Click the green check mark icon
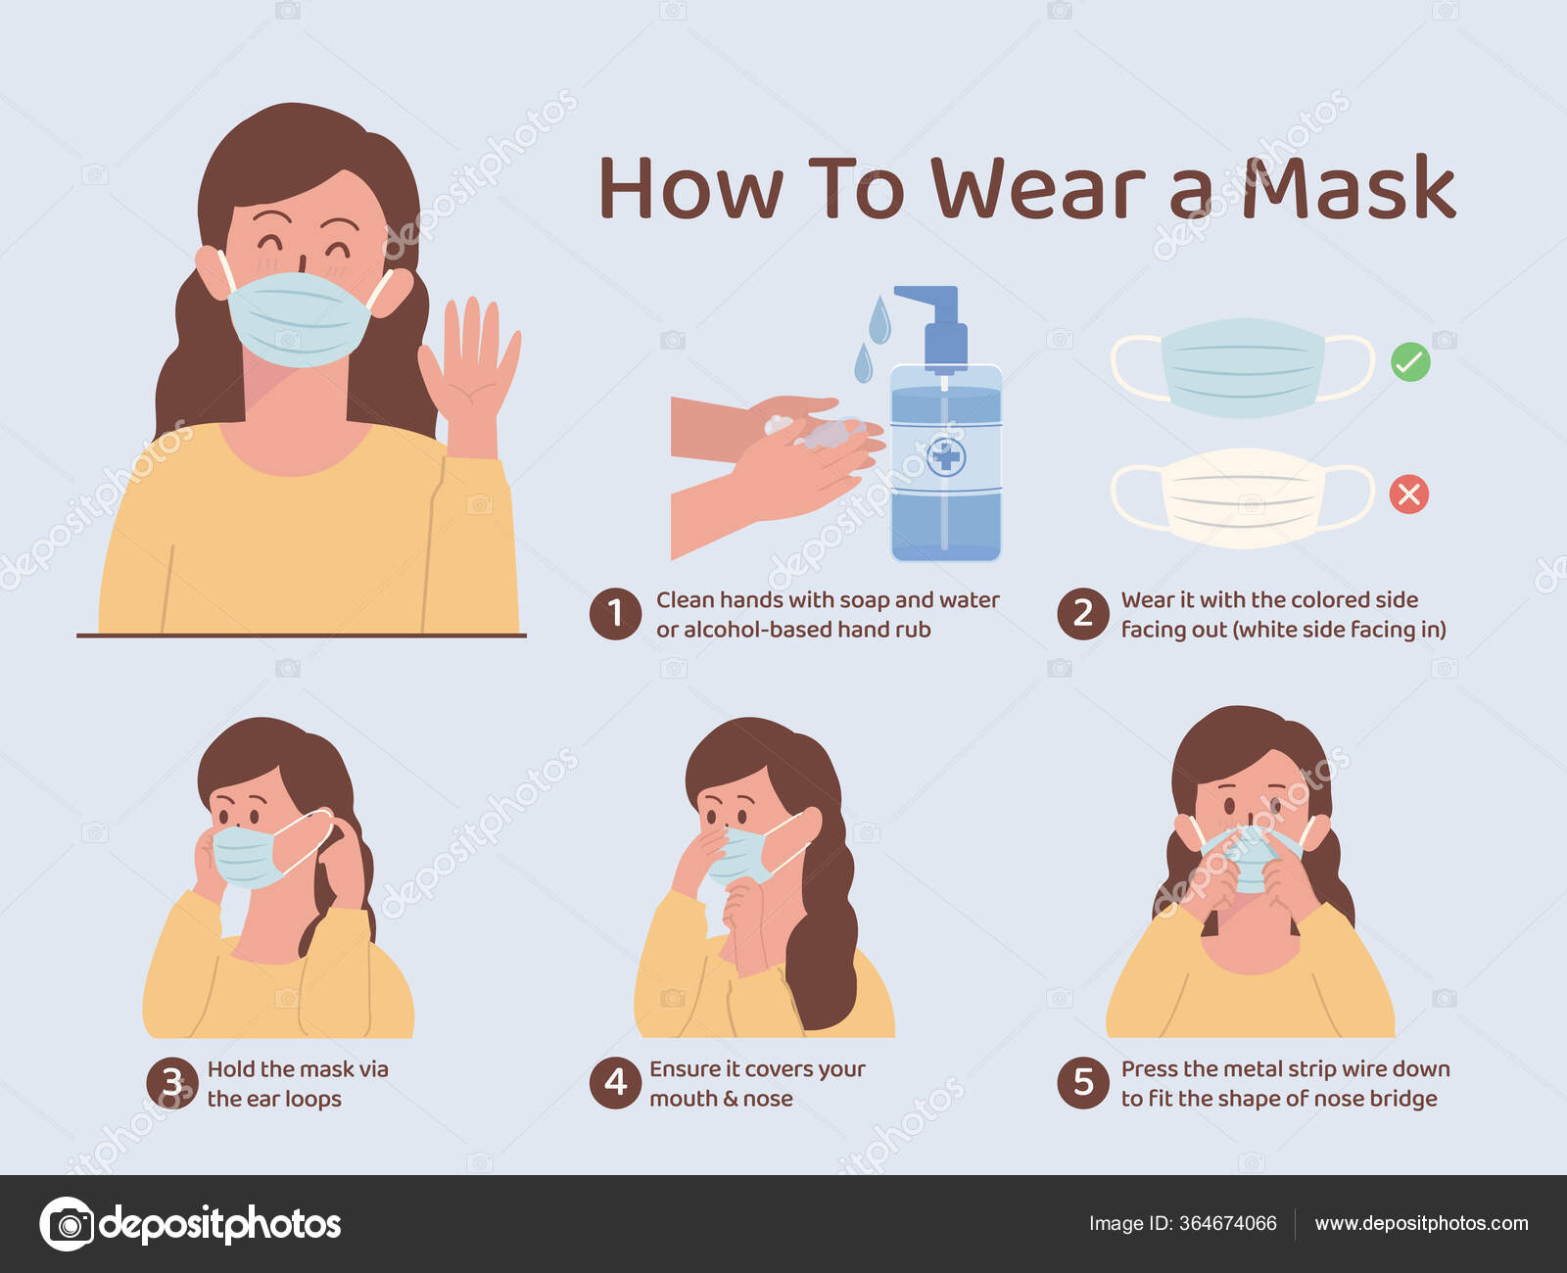pos(1410,362)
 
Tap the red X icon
pos(1409,494)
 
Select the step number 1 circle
pos(615,614)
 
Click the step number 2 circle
pos(1082,614)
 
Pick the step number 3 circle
pos(171,1083)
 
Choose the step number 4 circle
pos(615,1083)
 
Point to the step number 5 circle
pos(1082,1083)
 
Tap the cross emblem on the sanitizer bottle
pos(946,456)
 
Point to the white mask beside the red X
pos(1242,496)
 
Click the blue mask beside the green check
pos(1242,366)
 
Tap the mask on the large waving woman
pos(299,318)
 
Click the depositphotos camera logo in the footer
pos(67,1224)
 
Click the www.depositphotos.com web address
pos(1421,1224)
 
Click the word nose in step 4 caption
pos(768,1099)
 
